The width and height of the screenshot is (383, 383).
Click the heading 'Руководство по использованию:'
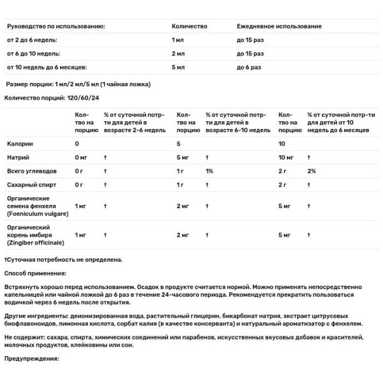[x=55, y=26]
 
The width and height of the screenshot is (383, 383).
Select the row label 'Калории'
[x=20, y=144]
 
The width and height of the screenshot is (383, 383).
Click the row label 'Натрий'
[x=19, y=157]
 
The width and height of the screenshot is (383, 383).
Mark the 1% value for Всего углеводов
[x=209, y=171]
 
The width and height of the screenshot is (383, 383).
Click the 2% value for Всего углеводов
[x=312, y=171]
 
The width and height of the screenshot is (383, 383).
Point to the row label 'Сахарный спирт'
[x=32, y=184]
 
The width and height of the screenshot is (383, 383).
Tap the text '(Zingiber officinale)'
[x=36, y=243]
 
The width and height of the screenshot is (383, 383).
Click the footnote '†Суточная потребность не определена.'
[x=63, y=260]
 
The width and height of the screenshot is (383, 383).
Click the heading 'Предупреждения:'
[x=31, y=359]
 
